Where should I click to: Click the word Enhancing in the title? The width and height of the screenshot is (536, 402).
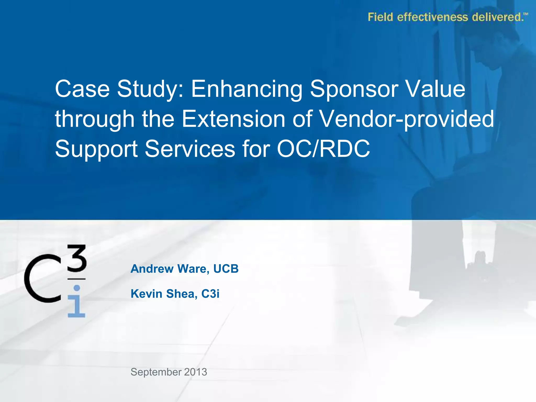tap(247, 90)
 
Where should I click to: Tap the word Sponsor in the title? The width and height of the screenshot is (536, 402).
tap(354, 90)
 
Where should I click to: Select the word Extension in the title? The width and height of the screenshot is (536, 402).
tap(233, 119)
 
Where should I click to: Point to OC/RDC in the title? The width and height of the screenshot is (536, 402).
tap(323, 149)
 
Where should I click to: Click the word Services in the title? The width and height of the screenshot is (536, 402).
tap(190, 149)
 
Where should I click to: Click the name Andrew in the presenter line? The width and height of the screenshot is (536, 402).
tap(152, 269)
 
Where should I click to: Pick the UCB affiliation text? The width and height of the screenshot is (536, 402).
tap(226, 269)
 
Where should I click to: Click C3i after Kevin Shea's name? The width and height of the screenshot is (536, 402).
tap(210, 294)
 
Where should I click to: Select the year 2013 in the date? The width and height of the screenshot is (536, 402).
tap(195, 372)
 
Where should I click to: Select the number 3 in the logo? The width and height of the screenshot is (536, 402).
tap(76, 258)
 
